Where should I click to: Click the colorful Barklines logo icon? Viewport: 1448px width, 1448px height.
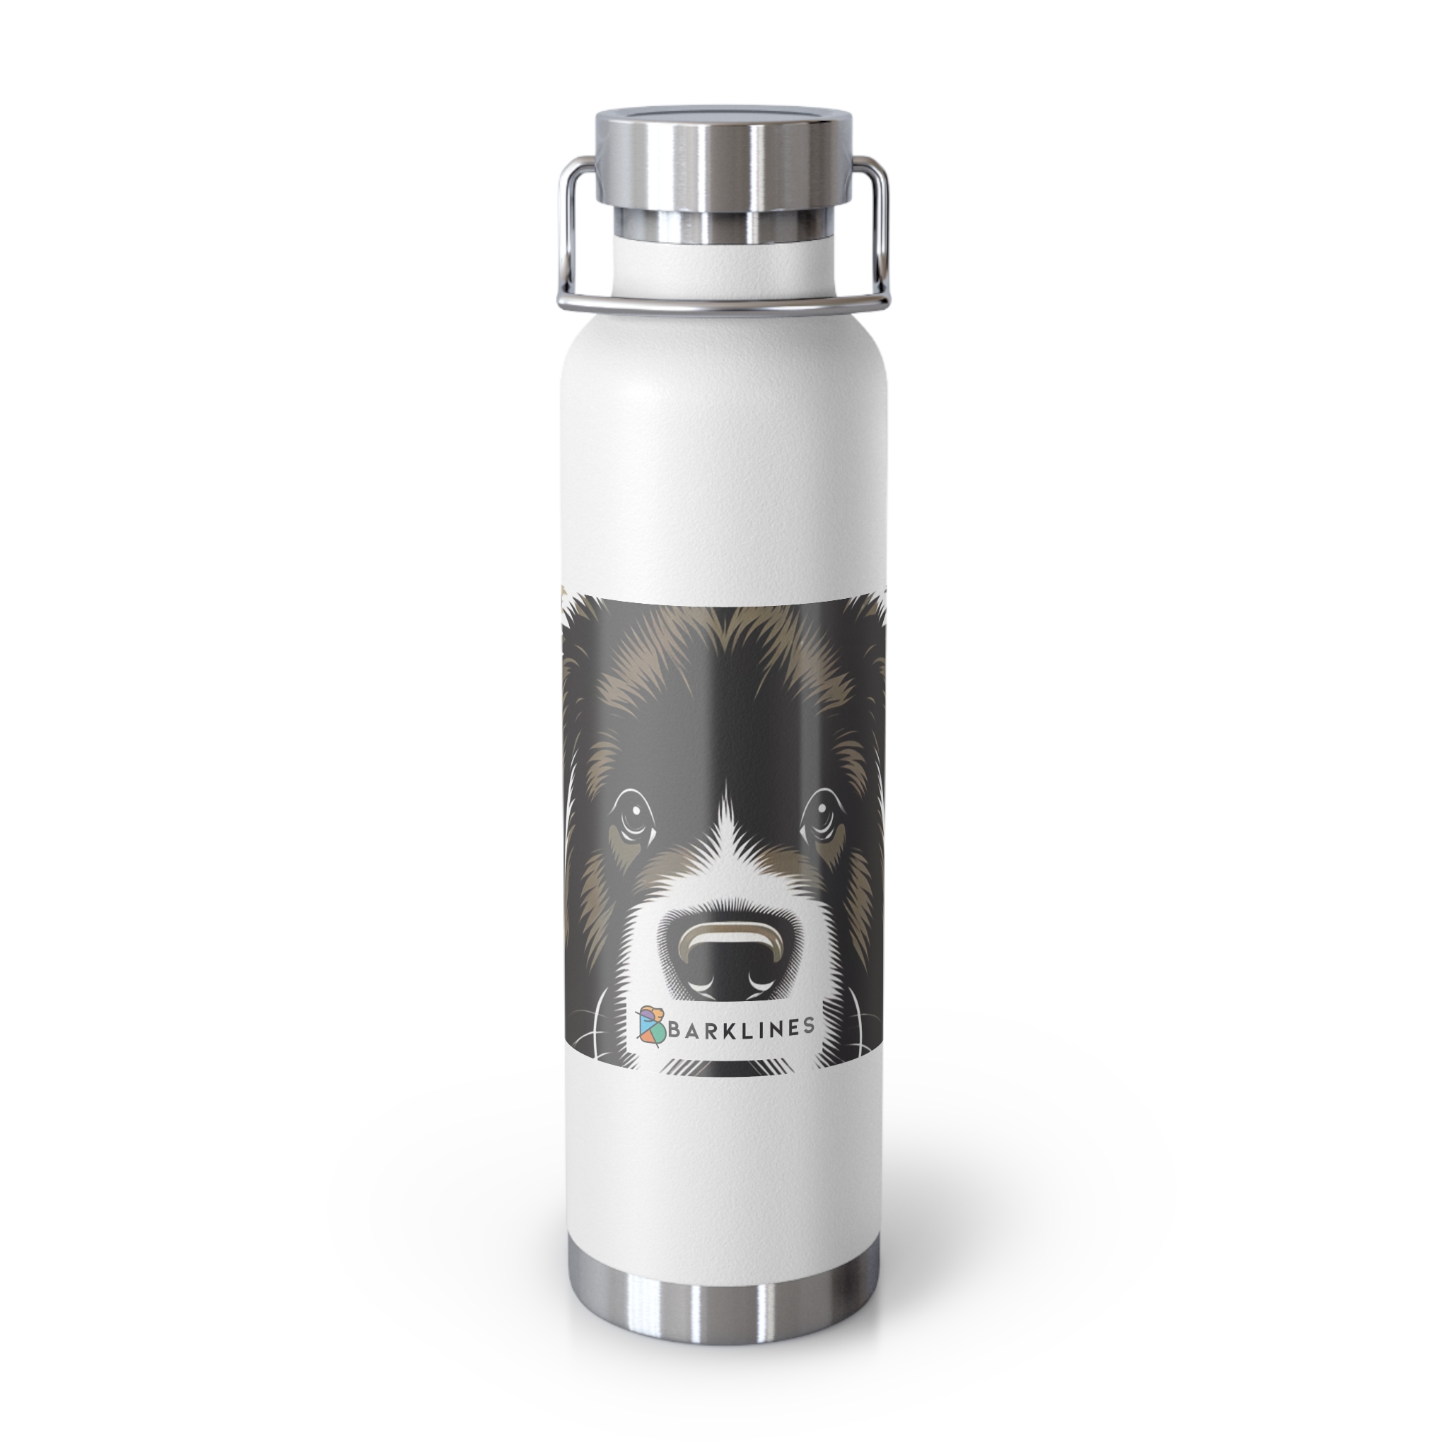pyautogui.click(x=650, y=1023)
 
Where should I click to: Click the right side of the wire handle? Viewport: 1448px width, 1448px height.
pyautogui.click(x=875, y=225)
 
